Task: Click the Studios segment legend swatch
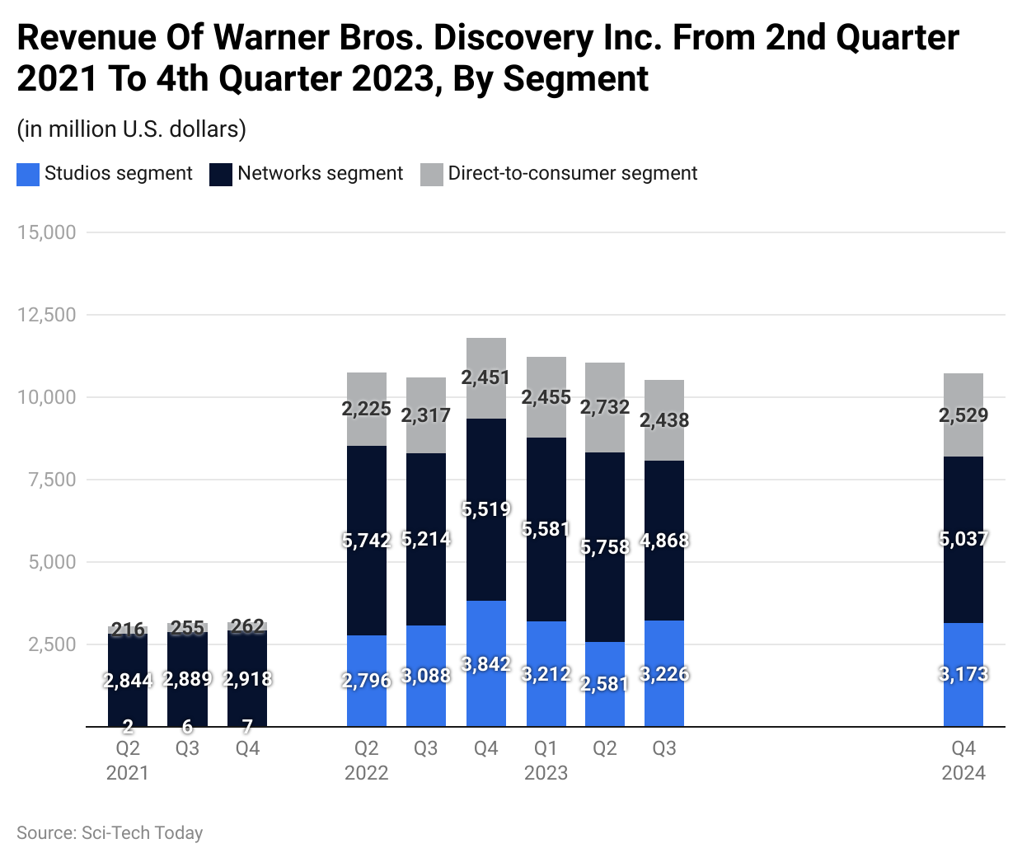click(x=28, y=174)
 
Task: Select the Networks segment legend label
click(x=320, y=173)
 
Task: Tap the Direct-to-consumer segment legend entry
click(x=572, y=173)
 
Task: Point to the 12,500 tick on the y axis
click(x=46, y=315)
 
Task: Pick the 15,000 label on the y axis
click(x=46, y=232)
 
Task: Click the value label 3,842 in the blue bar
click(x=486, y=664)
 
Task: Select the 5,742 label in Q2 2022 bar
click(x=367, y=541)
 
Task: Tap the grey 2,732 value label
click(x=605, y=407)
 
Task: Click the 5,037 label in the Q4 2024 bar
click(x=963, y=539)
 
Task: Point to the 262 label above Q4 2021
click(x=247, y=626)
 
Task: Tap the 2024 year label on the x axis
click(x=963, y=773)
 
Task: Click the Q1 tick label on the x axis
click(x=546, y=748)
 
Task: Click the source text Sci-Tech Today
click(x=142, y=833)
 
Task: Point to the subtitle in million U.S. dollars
click(x=132, y=129)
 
